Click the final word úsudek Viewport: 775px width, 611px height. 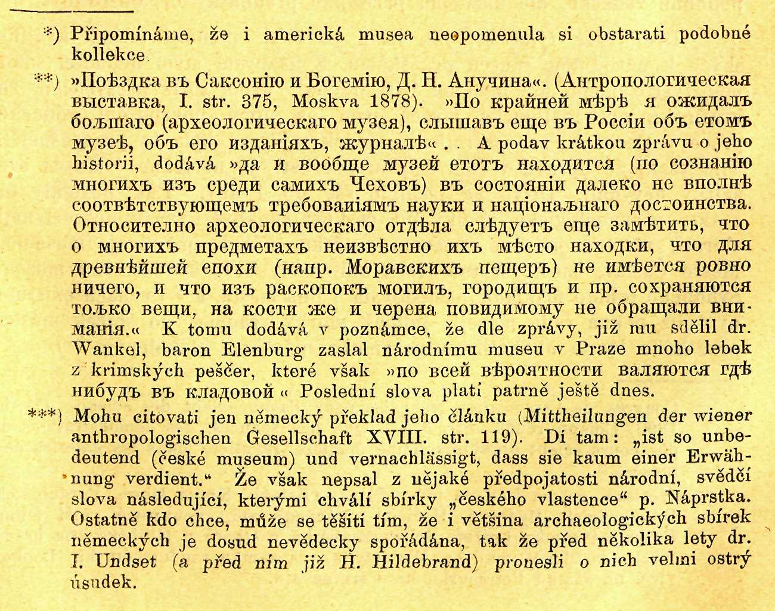(x=103, y=582)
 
